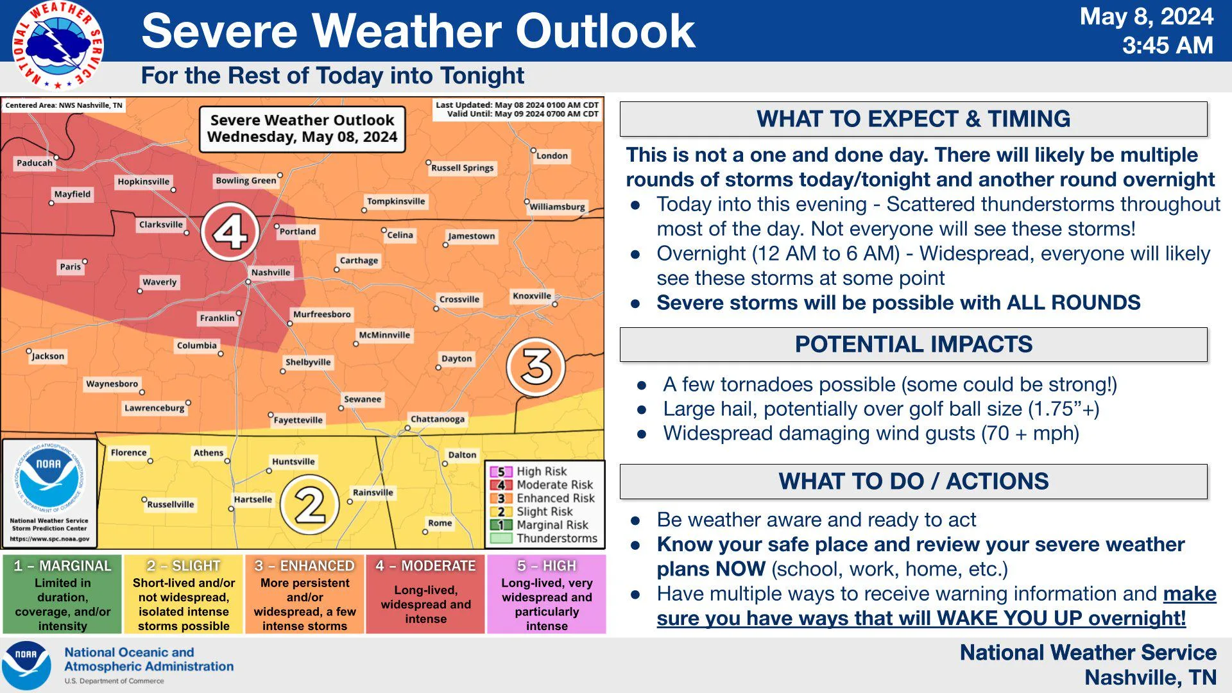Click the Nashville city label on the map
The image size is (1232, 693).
(x=271, y=273)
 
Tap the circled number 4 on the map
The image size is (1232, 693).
(x=230, y=232)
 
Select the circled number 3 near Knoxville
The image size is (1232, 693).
(x=536, y=366)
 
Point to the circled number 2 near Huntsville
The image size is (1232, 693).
(x=310, y=505)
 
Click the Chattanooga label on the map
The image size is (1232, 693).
(x=438, y=419)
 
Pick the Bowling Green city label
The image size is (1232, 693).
(x=246, y=180)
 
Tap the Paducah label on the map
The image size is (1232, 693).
(x=35, y=163)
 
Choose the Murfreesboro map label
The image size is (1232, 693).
(x=322, y=314)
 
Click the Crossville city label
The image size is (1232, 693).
(x=459, y=299)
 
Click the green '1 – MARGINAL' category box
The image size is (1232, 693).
(x=62, y=594)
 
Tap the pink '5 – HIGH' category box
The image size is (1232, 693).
(x=547, y=594)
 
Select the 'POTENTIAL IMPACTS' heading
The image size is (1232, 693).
(x=914, y=345)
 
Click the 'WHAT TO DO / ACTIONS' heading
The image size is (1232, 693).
(x=914, y=481)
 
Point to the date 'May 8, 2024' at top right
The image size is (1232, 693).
(x=1147, y=17)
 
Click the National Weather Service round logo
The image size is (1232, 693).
(x=58, y=46)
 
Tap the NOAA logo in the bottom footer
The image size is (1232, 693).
(x=26, y=665)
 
